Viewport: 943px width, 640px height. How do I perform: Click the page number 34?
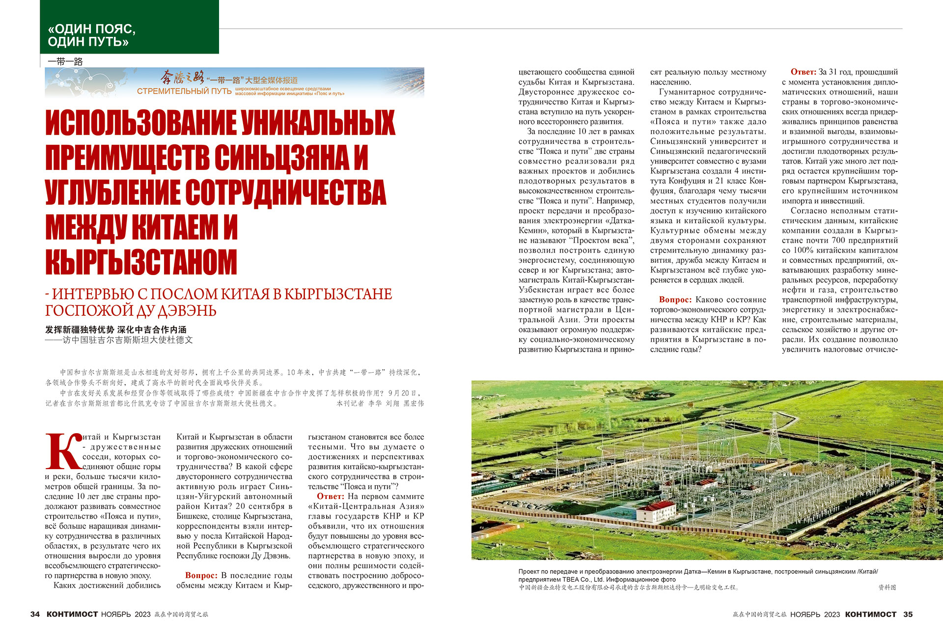(35, 614)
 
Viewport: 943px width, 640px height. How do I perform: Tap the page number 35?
(908, 614)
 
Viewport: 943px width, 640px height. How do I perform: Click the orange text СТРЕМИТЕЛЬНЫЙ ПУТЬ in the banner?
(184, 91)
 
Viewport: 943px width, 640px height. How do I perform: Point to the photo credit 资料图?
(887, 587)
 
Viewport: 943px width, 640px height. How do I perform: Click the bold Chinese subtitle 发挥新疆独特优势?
(80, 330)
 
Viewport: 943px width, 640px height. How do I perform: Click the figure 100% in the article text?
(804, 250)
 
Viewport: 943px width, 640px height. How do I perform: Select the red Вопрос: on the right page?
(675, 300)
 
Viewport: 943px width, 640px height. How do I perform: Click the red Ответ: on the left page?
(331, 496)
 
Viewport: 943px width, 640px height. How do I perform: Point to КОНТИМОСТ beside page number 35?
(871, 614)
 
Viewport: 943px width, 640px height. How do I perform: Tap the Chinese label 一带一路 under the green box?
(65, 61)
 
